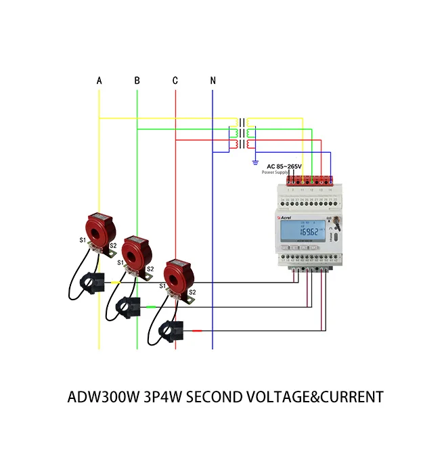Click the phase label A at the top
click(x=99, y=81)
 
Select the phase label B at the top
click(x=137, y=81)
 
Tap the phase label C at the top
click(x=175, y=81)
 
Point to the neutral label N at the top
click(x=213, y=81)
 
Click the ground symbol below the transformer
click(x=255, y=162)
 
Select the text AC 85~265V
click(x=284, y=166)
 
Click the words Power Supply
click(x=275, y=173)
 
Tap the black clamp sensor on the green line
click(x=127, y=306)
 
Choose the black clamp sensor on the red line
click(x=167, y=330)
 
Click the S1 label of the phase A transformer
click(x=83, y=240)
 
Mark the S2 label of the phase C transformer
click(x=192, y=292)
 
